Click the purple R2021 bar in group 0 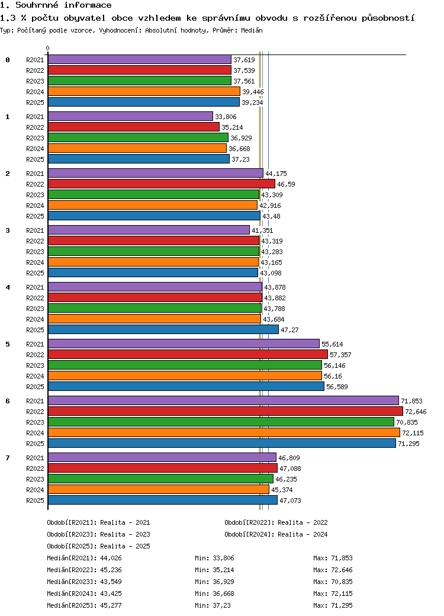(139, 59)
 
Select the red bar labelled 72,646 (226, 411)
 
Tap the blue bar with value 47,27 (163, 329)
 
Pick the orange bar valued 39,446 (144, 92)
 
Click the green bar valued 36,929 (138, 137)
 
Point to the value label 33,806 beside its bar (226, 117)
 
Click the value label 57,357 (340, 355)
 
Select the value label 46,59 (286, 184)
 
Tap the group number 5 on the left (8, 344)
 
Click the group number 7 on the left (8, 458)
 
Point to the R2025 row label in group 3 (35, 273)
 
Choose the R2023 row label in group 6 (35, 422)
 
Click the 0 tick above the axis (47, 49)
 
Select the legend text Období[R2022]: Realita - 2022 (276, 522)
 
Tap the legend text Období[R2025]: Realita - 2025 (98, 546)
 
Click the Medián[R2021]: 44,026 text (85, 558)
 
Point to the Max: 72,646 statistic (333, 570)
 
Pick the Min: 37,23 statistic (213, 605)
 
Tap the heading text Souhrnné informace (63, 5)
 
